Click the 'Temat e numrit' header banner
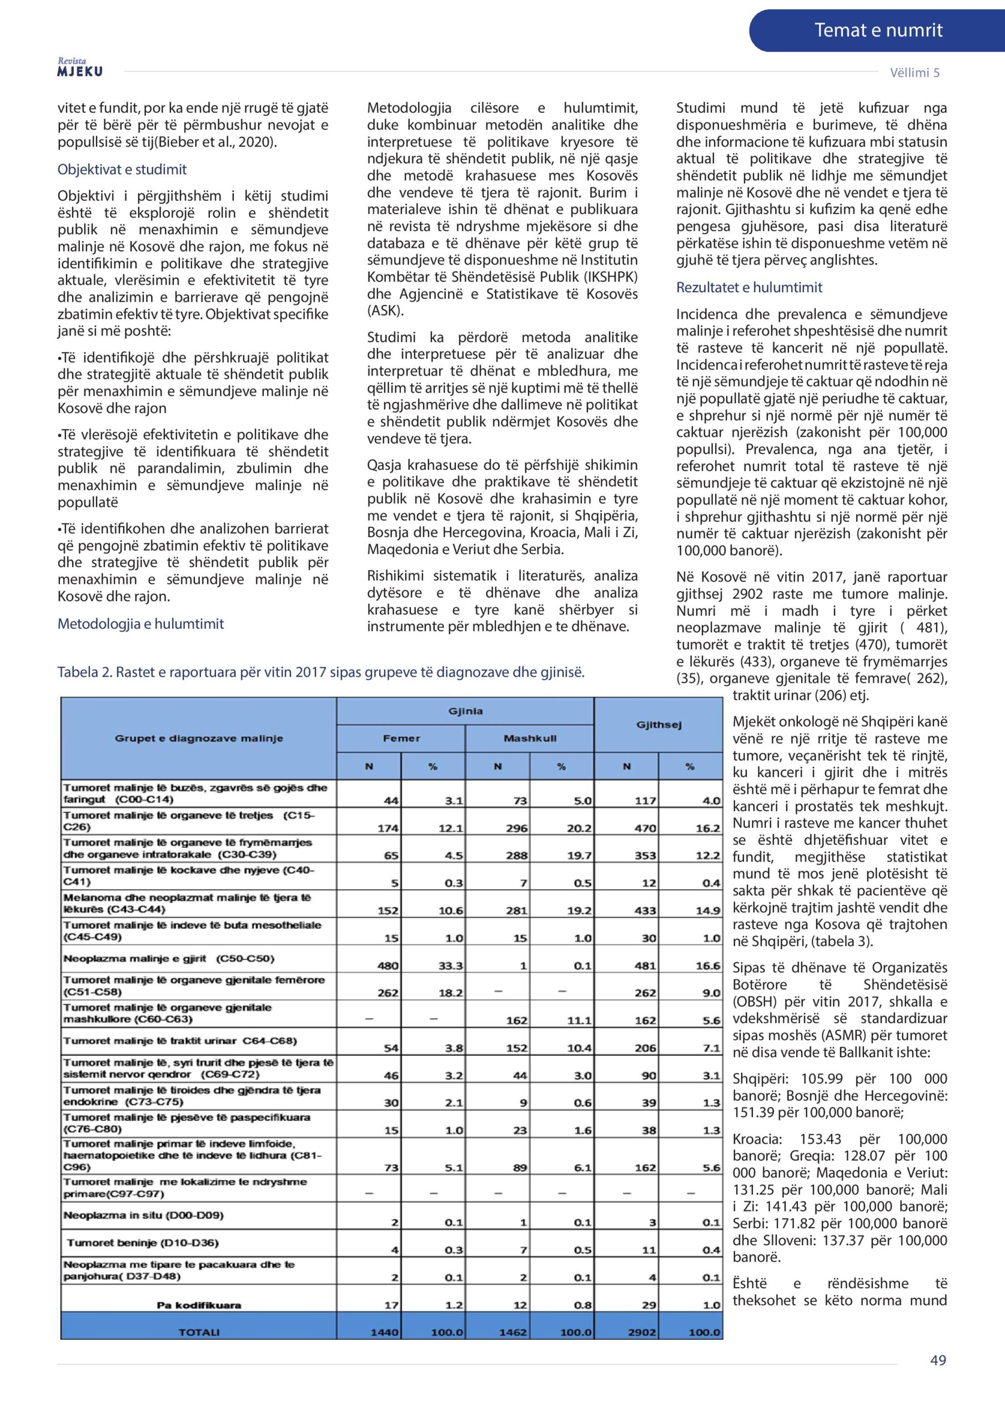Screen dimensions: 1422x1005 (x=877, y=31)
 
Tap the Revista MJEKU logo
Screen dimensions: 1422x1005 (x=80, y=68)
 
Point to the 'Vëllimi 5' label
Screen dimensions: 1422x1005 (x=914, y=72)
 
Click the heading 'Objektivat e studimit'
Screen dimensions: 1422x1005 (x=122, y=170)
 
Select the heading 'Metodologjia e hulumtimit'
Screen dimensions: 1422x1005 (x=140, y=624)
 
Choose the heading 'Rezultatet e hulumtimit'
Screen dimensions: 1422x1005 (x=748, y=287)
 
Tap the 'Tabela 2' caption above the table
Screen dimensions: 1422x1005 (x=321, y=673)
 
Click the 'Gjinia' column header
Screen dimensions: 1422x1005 (x=465, y=711)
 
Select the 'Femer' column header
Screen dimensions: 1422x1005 (x=401, y=738)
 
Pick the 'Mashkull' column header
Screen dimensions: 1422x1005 (x=530, y=738)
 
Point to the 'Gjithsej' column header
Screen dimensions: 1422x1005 (x=659, y=725)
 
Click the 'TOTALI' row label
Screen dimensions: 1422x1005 (x=199, y=1332)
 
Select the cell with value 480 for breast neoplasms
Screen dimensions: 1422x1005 (x=388, y=965)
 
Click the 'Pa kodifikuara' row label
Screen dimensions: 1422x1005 (x=199, y=1305)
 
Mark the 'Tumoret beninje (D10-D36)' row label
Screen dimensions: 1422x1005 (x=143, y=1243)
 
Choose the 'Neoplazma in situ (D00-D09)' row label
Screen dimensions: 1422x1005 (x=143, y=1215)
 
